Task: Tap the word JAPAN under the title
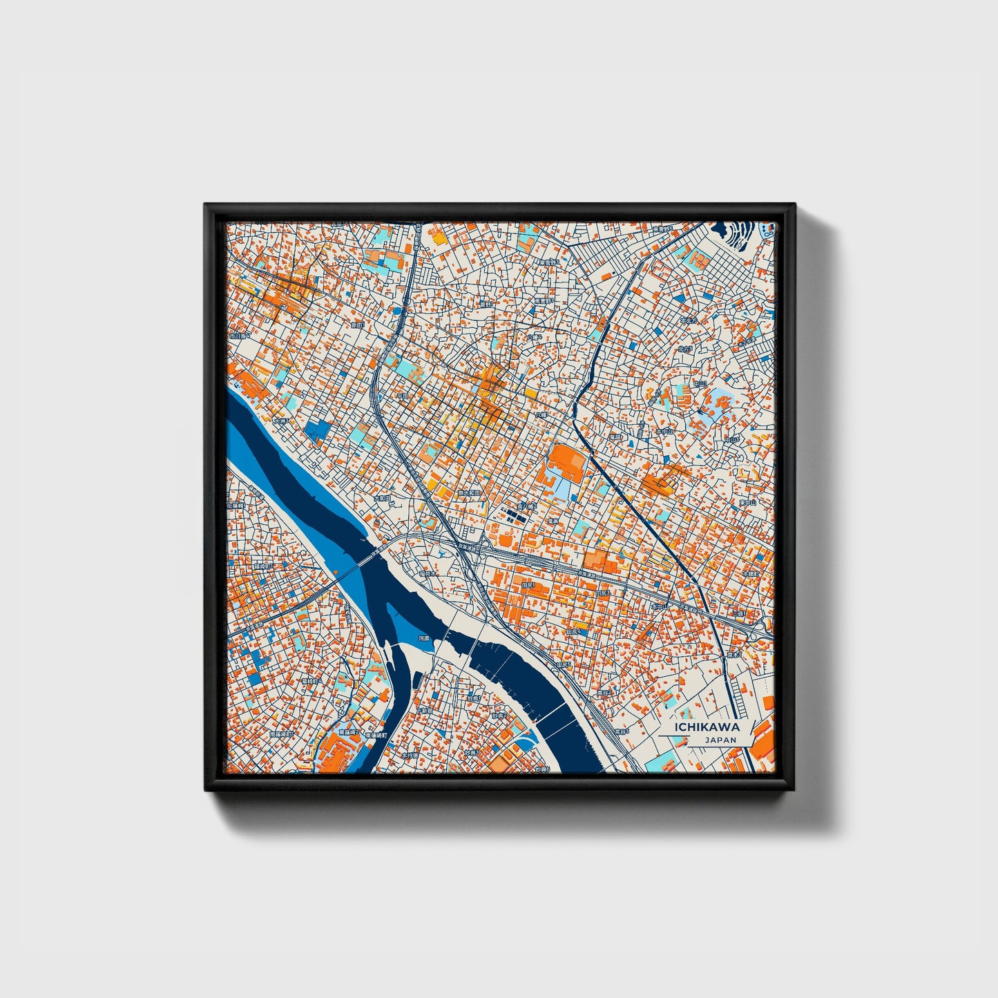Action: (720, 740)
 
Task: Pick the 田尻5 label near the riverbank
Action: (564, 664)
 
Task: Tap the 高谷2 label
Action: (605, 692)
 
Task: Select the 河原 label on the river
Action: (424, 639)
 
